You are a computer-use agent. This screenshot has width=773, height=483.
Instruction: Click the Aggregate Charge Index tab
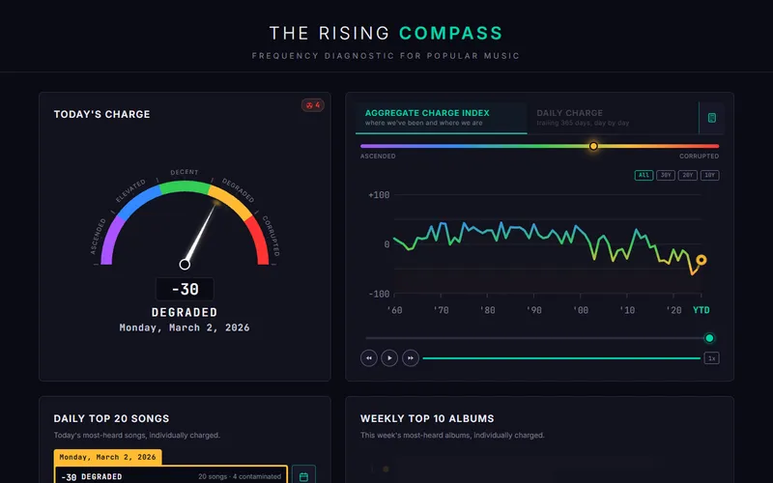tap(427, 117)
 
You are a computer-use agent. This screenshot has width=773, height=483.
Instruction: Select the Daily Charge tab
tap(570, 117)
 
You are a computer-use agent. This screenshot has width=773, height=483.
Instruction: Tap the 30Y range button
tap(666, 176)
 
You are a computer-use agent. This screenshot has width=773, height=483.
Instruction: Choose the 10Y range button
tap(710, 176)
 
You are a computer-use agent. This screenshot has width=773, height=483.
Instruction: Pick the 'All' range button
tap(644, 176)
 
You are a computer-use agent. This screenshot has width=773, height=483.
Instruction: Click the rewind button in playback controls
tap(368, 357)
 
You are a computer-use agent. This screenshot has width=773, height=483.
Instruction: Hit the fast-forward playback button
tap(411, 357)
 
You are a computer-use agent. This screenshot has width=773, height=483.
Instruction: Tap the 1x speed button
tap(711, 357)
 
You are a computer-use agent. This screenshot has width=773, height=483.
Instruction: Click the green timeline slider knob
tap(709, 338)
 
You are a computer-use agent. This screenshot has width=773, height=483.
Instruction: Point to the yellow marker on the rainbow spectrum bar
tap(593, 146)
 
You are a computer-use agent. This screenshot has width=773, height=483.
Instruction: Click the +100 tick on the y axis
tap(379, 195)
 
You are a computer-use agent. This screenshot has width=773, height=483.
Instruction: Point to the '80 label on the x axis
tap(488, 310)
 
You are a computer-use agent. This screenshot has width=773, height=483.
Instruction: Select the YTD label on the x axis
tap(701, 310)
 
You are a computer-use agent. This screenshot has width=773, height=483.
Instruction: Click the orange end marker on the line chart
tap(701, 260)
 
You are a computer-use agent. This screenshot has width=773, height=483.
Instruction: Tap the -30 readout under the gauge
tap(185, 289)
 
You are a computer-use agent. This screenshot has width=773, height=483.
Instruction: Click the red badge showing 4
tap(312, 105)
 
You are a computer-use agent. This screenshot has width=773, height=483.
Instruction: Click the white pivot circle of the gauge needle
tap(185, 264)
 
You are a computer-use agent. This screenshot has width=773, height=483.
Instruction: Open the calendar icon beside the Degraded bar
tap(302, 476)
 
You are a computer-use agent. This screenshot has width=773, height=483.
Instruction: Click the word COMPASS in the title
tap(451, 34)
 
